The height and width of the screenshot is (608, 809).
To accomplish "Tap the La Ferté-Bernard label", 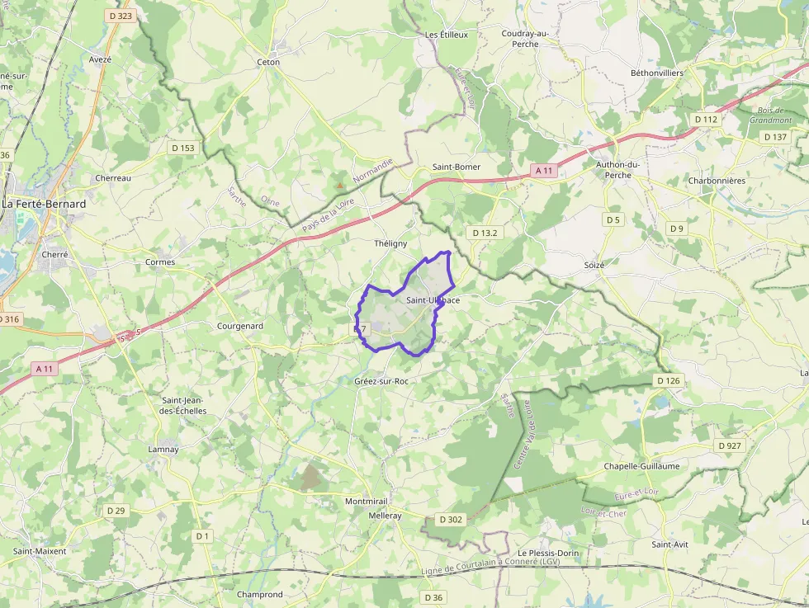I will (x=45, y=203).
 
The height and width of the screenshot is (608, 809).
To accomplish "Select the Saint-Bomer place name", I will (x=457, y=167).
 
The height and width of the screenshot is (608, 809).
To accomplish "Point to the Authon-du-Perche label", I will (x=618, y=169).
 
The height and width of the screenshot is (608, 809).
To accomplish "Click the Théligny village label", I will (x=390, y=243).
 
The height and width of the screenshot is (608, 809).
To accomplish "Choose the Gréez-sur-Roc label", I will (x=381, y=381).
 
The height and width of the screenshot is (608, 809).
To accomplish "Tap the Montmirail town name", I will (x=366, y=502).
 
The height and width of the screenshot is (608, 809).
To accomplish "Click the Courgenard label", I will (x=239, y=326).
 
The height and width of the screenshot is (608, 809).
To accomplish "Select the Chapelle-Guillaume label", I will (x=641, y=466).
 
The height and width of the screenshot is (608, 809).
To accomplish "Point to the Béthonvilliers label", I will (x=657, y=73).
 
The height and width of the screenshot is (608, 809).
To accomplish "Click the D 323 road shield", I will (x=120, y=16).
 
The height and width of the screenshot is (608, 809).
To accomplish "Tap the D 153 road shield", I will (x=183, y=148).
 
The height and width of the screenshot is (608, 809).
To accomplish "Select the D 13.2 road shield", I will (x=485, y=233).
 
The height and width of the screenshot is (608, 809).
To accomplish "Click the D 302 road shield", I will (x=451, y=520).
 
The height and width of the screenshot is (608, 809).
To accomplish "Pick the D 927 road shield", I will (x=731, y=445).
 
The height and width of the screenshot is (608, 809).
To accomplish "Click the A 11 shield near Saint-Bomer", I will (x=543, y=171).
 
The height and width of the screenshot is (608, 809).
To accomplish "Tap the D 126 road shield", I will (x=669, y=380).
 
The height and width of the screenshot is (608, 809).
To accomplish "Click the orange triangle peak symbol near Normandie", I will (x=339, y=185).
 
